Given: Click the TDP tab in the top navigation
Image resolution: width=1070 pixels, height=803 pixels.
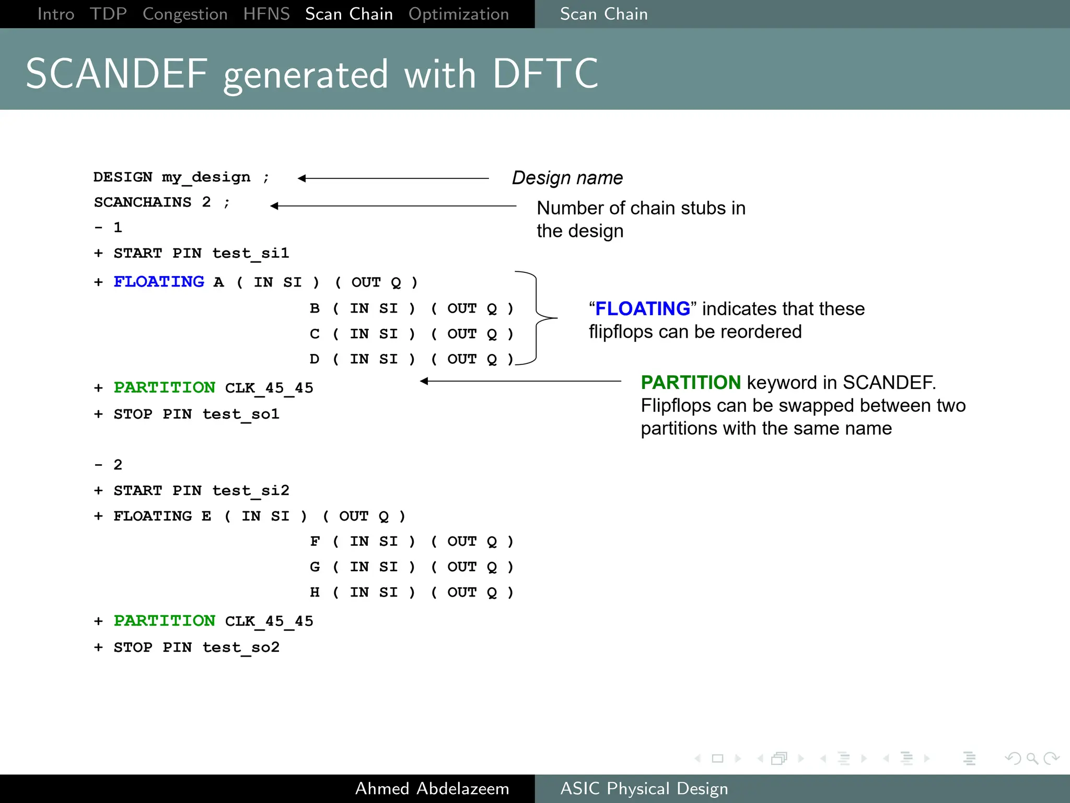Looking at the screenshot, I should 108,14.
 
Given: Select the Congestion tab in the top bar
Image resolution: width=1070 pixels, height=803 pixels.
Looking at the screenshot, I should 185,14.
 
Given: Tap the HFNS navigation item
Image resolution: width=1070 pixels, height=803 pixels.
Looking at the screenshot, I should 266,14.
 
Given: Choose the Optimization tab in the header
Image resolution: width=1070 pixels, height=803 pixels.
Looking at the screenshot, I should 458,14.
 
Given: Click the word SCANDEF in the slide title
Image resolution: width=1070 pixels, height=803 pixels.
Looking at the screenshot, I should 117,74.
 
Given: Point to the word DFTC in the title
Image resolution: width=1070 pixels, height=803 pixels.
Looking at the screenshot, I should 545,74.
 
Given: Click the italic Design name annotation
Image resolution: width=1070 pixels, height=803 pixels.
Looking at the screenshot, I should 567,178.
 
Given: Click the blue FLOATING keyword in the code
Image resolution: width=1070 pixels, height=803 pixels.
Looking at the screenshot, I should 159,282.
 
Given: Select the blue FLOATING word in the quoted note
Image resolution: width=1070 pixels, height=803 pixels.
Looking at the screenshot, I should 643,308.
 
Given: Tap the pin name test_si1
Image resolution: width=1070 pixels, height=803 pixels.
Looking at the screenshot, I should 250,254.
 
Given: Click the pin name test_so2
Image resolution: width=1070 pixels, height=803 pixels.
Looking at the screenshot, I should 241,647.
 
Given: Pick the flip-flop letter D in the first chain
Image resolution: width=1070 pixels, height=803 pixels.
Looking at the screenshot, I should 314,359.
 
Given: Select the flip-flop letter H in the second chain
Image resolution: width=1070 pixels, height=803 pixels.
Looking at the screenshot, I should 314,592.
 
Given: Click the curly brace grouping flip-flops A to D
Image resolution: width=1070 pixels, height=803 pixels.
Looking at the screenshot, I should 538,317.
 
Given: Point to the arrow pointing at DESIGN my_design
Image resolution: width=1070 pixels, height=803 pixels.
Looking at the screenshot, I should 392,178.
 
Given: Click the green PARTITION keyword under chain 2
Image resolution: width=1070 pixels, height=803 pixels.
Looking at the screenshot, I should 164,621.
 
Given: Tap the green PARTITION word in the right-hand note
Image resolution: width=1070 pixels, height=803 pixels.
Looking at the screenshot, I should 690,383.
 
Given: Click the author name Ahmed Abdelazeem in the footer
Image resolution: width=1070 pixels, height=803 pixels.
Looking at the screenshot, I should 432,788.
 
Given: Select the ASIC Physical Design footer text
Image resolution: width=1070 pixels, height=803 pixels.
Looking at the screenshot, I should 644,788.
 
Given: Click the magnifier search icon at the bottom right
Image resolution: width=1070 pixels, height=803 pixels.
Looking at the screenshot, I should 1032,758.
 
